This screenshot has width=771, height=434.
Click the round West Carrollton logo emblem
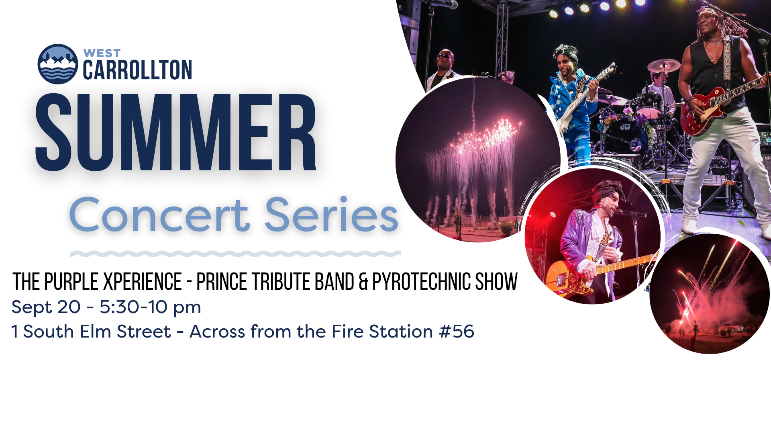[x=58, y=64]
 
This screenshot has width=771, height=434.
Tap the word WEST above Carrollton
[x=102, y=53]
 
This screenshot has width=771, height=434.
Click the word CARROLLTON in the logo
[x=137, y=70]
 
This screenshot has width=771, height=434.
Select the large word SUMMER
[x=176, y=133]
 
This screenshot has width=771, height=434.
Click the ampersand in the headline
[x=363, y=281]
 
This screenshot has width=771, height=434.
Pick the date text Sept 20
[x=46, y=307]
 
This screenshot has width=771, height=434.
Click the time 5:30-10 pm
[x=150, y=307]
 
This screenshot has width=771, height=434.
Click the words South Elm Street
[x=97, y=332]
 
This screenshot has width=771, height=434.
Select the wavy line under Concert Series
[x=236, y=254]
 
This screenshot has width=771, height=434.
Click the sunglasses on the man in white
[x=444, y=55]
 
